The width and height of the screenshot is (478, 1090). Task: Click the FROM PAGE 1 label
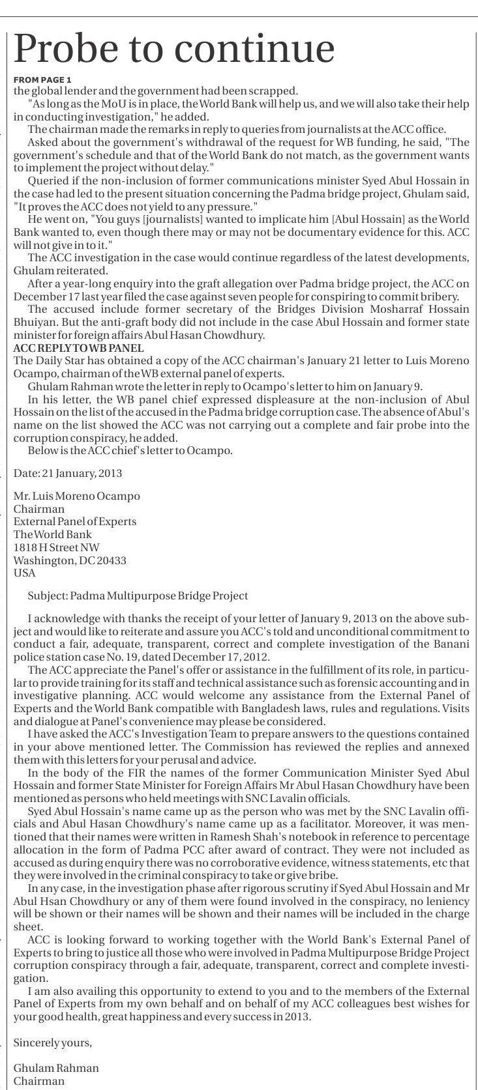point(42,79)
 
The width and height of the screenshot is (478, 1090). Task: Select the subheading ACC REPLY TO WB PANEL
point(78,348)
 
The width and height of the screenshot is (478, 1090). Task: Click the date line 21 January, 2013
point(68,473)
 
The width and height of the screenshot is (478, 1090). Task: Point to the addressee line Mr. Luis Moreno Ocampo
point(76,496)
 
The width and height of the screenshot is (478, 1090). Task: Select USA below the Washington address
point(25,573)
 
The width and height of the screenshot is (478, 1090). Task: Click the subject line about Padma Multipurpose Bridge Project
point(138,595)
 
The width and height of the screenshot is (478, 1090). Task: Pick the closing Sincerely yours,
point(53,1042)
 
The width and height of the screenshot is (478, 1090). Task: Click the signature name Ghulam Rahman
point(56,1068)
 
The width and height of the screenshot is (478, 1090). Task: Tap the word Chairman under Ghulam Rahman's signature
point(39,1081)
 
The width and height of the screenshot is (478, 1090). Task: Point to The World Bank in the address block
point(53,534)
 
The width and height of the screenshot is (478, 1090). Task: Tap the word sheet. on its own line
point(28,926)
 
